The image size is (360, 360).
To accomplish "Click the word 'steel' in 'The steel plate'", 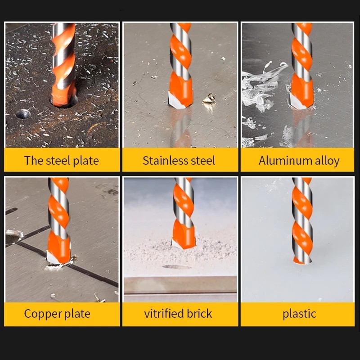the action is click(x=58, y=161).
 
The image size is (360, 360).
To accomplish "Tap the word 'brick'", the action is click(x=199, y=313).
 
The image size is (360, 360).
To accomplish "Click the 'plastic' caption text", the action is click(x=299, y=314).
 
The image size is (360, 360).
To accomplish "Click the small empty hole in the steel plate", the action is click(x=23, y=114).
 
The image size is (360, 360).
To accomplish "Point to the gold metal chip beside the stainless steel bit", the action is click(x=209, y=99).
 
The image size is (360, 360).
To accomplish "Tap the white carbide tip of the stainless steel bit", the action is click(x=176, y=100).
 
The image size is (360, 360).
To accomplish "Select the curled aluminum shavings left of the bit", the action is click(x=262, y=87).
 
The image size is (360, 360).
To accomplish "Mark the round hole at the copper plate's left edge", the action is click(x=13, y=237).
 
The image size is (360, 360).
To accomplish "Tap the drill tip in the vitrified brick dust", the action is click(x=181, y=244).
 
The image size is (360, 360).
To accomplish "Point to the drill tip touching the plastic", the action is click(x=302, y=261).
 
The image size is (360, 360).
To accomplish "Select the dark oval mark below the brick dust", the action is click(x=176, y=267).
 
